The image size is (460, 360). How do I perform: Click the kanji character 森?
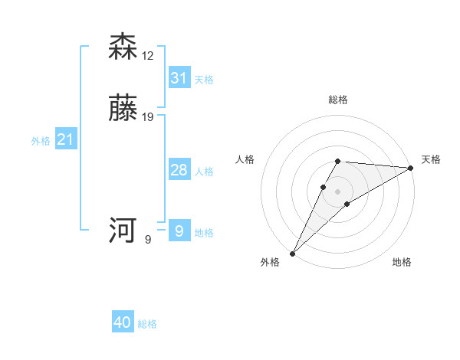coord(123,47)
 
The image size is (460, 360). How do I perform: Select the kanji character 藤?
coord(123,109)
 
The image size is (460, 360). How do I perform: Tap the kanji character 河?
coord(123,231)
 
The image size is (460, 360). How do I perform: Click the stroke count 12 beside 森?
coord(149,56)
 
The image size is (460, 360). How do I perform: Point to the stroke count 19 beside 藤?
coord(149,117)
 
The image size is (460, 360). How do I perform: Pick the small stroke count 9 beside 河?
coord(148,240)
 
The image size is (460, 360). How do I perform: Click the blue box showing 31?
coord(179,77)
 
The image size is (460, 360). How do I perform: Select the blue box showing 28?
coord(179,170)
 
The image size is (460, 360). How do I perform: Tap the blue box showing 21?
coord(65,139)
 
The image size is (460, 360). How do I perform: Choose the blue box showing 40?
coord(123,322)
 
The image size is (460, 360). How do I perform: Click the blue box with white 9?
coord(179,231)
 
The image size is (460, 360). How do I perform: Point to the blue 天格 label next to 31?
coord(204,80)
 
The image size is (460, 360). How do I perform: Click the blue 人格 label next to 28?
coord(204,172)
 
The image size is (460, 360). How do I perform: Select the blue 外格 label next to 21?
coord(41,141)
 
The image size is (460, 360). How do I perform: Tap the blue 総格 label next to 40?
coord(147,324)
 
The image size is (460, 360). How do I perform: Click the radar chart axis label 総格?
coord(338,100)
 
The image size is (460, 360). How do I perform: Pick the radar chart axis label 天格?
coord(431,159)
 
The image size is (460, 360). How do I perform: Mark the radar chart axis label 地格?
coord(402,262)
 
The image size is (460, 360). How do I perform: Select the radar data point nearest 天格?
coord(411,168)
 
